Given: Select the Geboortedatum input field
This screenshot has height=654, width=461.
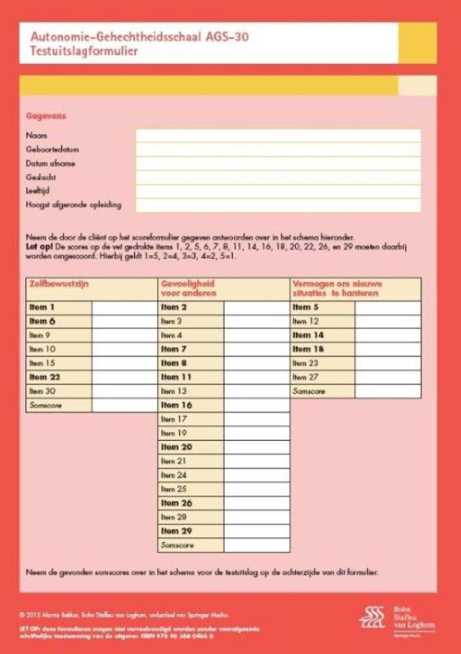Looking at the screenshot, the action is pyautogui.click(x=278, y=150).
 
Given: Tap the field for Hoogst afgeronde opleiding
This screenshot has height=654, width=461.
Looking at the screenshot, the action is pyautogui.click(x=278, y=204).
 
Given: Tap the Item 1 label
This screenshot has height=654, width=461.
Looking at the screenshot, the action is pyautogui.click(x=42, y=307).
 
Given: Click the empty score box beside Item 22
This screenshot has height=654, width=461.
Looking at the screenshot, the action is pyautogui.click(x=123, y=377).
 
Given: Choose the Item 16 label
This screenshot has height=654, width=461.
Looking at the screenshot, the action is pyautogui.click(x=176, y=405).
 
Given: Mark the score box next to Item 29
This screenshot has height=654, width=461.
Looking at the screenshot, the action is pyautogui.click(x=257, y=531).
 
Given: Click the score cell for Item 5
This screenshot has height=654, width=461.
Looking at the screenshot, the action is pyautogui.click(x=387, y=307).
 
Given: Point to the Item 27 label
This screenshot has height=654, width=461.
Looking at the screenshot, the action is pyautogui.click(x=305, y=377).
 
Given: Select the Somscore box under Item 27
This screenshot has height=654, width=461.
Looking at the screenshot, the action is pyautogui.click(x=387, y=392).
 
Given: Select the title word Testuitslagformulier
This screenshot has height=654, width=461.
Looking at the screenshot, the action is pyautogui.click(x=83, y=50).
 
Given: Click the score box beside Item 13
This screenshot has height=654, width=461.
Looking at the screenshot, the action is pyautogui.click(x=257, y=392).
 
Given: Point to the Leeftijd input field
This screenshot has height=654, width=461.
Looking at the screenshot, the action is pyautogui.click(x=278, y=190).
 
